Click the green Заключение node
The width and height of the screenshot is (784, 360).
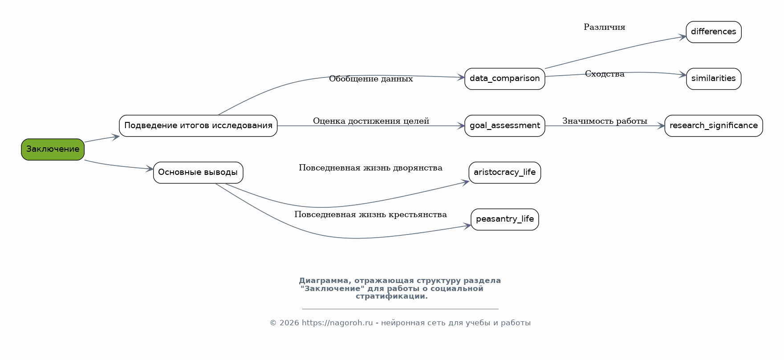53,150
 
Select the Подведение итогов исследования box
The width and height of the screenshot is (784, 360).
198,126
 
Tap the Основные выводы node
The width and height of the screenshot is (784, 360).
198,173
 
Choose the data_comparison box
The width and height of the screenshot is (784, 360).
505,79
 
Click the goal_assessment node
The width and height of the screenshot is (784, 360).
505,126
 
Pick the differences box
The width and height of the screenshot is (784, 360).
714,32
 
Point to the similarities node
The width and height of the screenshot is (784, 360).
714,79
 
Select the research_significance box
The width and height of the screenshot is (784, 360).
714,126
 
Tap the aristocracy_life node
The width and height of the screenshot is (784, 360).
505,173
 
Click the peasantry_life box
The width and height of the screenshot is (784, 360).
505,219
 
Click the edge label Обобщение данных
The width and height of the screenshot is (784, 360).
371,79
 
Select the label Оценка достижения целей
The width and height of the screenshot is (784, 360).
371,121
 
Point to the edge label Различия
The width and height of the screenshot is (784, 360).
605,27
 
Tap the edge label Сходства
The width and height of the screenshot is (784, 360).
605,74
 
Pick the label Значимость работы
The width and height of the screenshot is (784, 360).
605,121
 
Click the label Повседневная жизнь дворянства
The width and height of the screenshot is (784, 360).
371,168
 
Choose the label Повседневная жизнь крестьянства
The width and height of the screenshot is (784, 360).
371,214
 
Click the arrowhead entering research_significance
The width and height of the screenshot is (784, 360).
661,126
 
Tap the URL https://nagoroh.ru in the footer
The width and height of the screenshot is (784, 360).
337,323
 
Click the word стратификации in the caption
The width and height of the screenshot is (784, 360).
392,296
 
